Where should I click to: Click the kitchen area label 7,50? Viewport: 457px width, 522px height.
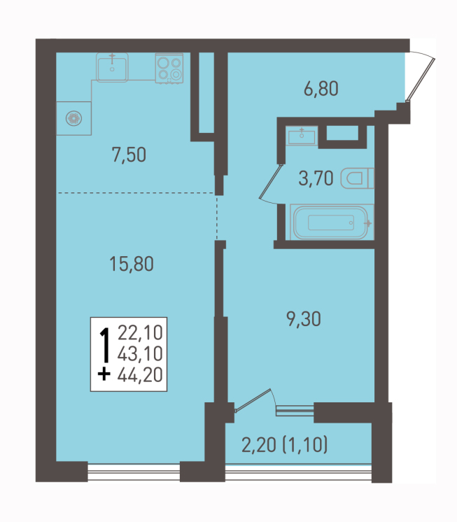pyautogui.click(x=129, y=155)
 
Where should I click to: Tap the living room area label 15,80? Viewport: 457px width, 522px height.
pyautogui.click(x=132, y=264)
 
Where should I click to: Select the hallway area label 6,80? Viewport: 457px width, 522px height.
pyautogui.click(x=321, y=89)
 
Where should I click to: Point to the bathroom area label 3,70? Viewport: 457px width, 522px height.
pyautogui.click(x=316, y=178)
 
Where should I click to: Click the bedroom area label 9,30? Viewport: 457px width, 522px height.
pyautogui.click(x=304, y=319)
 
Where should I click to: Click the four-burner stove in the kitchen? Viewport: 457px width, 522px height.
pyautogui.click(x=169, y=69)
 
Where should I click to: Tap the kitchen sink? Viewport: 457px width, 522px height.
pyautogui.click(x=112, y=68)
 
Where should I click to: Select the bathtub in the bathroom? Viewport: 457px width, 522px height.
pyautogui.click(x=332, y=222)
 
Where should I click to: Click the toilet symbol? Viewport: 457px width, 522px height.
pyautogui.click(x=358, y=178)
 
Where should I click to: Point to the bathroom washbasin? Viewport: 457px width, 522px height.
pyautogui.click(x=302, y=136)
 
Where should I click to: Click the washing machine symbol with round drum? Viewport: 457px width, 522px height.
pyautogui.click(x=73, y=118)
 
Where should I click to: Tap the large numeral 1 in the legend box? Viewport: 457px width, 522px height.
pyautogui.click(x=105, y=345)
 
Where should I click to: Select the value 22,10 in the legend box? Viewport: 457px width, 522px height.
pyautogui.click(x=140, y=333)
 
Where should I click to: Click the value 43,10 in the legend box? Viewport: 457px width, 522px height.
pyautogui.click(x=140, y=353)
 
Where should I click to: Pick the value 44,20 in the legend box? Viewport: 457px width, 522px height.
pyautogui.click(x=140, y=374)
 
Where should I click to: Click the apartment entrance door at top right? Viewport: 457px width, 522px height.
pyautogui.click(x=421, y=79)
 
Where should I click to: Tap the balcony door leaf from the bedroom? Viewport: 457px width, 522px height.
pyautogui.click(x=253, y=400)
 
